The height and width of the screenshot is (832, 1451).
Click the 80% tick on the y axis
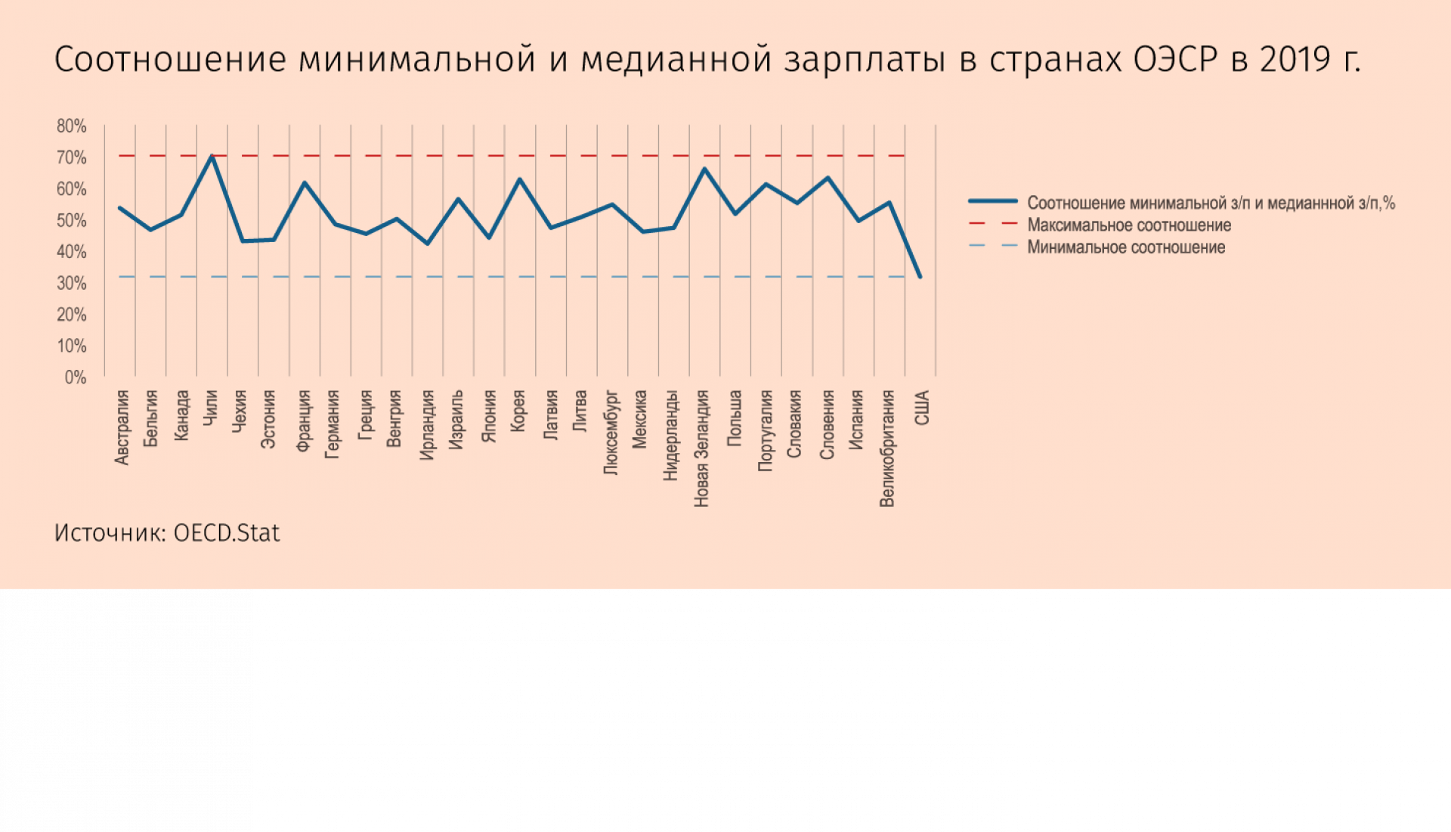pos(72,126)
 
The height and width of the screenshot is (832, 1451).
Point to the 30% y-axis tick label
pos(72,284)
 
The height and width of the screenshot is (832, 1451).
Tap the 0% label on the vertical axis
pos(76,377)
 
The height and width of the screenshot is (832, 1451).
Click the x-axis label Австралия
pos(122,427)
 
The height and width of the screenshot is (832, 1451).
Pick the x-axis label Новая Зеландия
pos(701,449)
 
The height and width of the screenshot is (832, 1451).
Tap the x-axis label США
pos(922,408)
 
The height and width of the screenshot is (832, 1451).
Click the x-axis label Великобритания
pos(886,449)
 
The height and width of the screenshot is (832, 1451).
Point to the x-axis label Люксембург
pos(611,433)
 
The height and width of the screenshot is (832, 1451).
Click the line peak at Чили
pos(212,157)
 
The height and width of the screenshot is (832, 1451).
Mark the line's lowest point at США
pos(920,277)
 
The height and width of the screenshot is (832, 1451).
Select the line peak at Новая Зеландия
pos(704,169)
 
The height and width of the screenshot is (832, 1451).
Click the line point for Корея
pos(520,179)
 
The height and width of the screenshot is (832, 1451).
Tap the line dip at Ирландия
pos(428,244)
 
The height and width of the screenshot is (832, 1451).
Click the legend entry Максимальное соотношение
pos(1128,225)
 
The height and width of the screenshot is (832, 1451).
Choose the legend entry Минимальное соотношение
pos(1125,247)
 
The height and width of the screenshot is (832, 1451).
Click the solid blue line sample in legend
pos(993,201)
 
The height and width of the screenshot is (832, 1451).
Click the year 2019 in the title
pos(1294,60)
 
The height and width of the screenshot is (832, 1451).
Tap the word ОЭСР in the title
pos(1175,60)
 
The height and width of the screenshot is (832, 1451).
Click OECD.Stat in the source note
pos(227,533)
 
